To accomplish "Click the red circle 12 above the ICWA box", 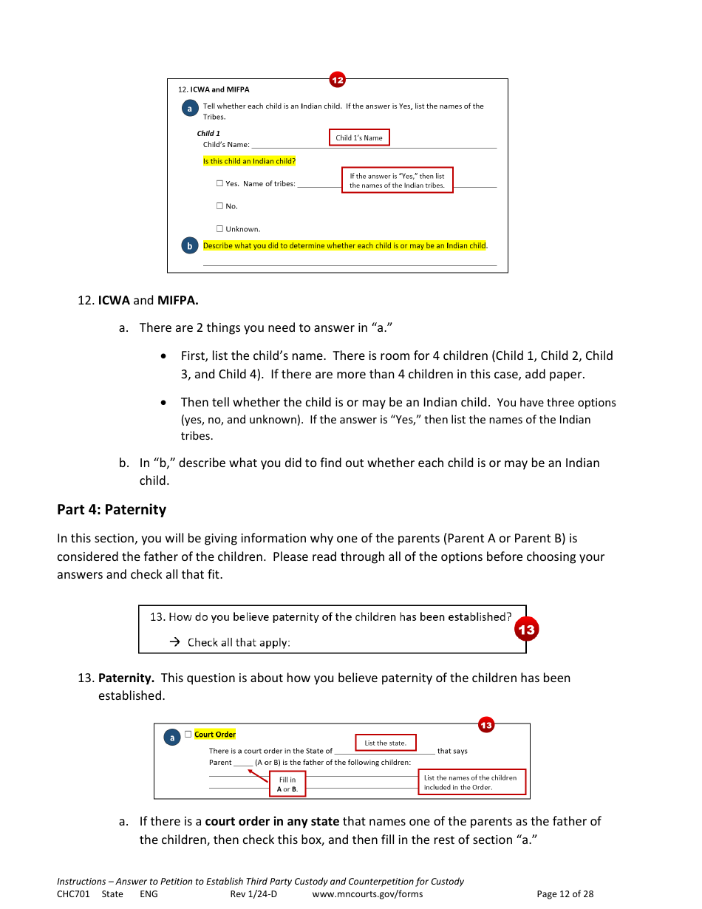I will point(337,80).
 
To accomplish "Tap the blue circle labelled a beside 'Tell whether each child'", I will point(190,109).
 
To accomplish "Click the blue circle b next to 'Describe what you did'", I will point(190,246).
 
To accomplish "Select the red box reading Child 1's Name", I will point(358,137).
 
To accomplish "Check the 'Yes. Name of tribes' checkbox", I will point(219,184).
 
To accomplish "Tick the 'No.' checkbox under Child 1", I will point(219,206).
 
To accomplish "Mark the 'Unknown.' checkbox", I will point(219,229).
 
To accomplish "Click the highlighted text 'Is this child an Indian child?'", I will point(250,161).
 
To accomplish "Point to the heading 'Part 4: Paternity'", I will point(112,510).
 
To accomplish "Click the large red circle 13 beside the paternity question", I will point(526,630).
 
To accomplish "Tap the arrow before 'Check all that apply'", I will point(175,642).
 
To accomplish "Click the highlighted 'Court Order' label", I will point(215,735).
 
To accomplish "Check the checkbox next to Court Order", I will point(188,734).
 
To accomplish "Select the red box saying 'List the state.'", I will point(386,743).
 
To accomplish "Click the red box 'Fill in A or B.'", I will point(287,784).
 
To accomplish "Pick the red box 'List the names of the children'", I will point(471,782).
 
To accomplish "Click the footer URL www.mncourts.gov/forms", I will point(367,894).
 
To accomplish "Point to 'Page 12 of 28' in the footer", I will point(565,894).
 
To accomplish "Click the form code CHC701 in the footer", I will point(73,894).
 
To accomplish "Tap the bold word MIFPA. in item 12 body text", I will point(178,301).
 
